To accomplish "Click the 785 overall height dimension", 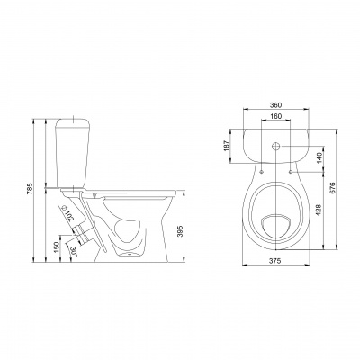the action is click(30, 190).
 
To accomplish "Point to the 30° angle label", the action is click(74, 251).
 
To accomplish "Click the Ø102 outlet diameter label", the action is click(67, 213).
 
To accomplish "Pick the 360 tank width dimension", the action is click(275, 105).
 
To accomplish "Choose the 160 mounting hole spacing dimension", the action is click(275, 116).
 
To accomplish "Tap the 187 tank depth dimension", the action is click(227, 146).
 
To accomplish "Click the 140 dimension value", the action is click(319, 158).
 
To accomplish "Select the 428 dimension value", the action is click(319, 211).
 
